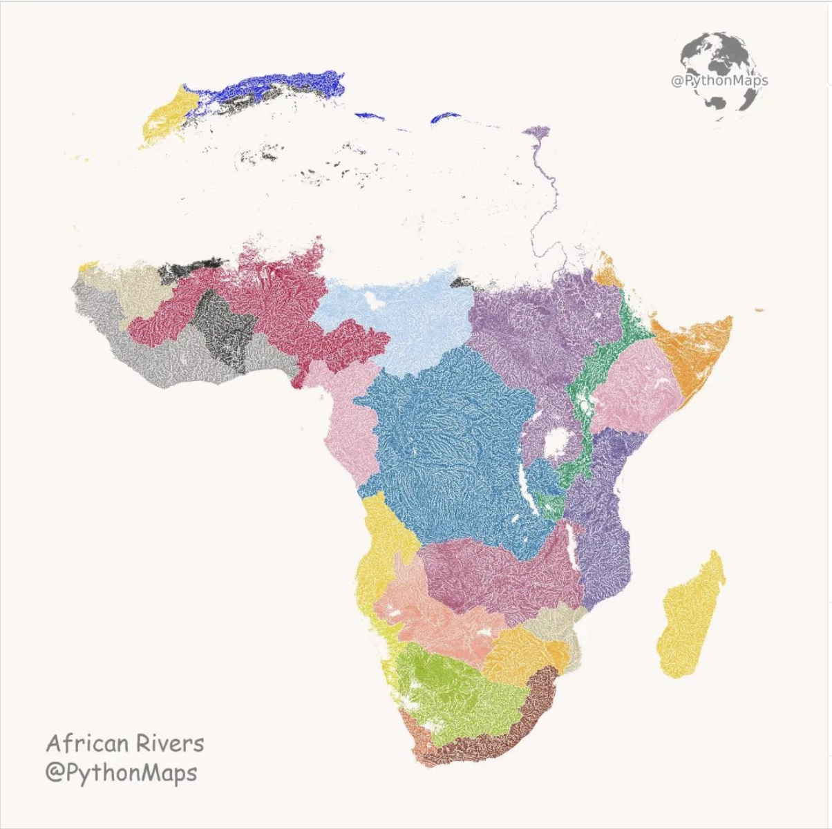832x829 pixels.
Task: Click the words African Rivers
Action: point(125,743)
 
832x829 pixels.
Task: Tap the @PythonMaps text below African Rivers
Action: point(121,772)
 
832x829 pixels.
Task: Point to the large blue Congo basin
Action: point(449,442)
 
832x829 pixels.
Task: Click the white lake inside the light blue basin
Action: point(374,300)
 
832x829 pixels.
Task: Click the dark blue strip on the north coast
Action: point(283,86)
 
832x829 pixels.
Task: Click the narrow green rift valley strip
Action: point(587,387)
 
